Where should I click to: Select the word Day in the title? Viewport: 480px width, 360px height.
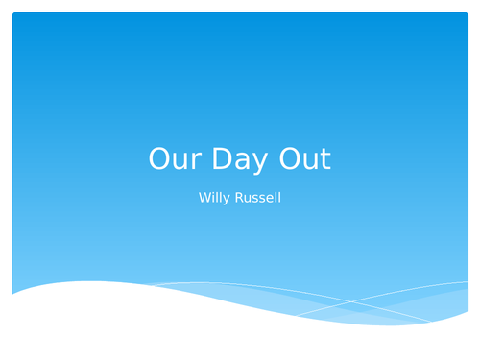tap(240, 159)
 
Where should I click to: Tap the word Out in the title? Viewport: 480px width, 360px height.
tap(306, 159)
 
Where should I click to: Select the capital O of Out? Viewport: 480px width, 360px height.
tap(292, 159)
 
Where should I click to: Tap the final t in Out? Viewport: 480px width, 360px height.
tap(325, 159)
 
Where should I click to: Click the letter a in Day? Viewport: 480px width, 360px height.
tap(240, 161)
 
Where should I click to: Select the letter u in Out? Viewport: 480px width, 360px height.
tap(312, 161)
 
